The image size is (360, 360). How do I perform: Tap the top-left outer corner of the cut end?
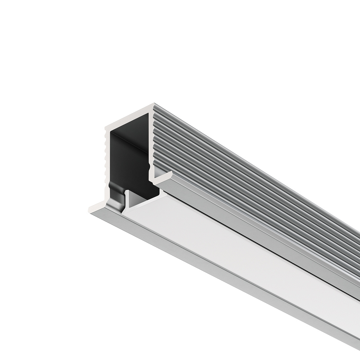coord(105,126)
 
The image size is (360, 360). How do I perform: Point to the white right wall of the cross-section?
coord(151,141)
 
